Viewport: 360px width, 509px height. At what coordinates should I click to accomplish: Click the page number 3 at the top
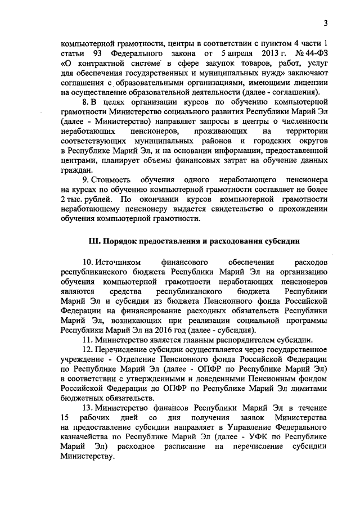pos(325,23)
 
